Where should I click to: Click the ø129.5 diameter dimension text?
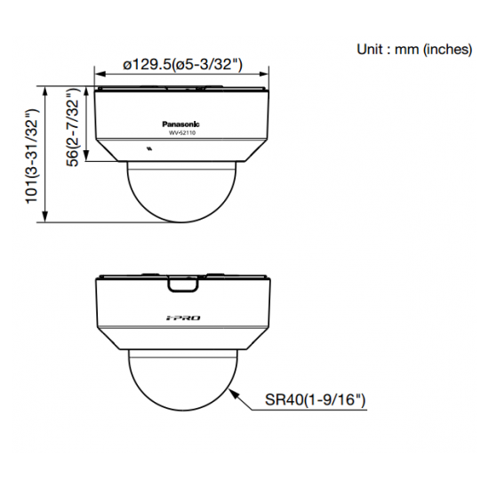pos(183,64)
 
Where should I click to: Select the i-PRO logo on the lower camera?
pos(182,317)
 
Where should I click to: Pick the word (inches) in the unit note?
pos(446,50)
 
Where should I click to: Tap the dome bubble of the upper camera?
pos(182,191)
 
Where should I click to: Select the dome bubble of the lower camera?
pos(182,382)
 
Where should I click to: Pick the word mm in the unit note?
pos(407,50)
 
